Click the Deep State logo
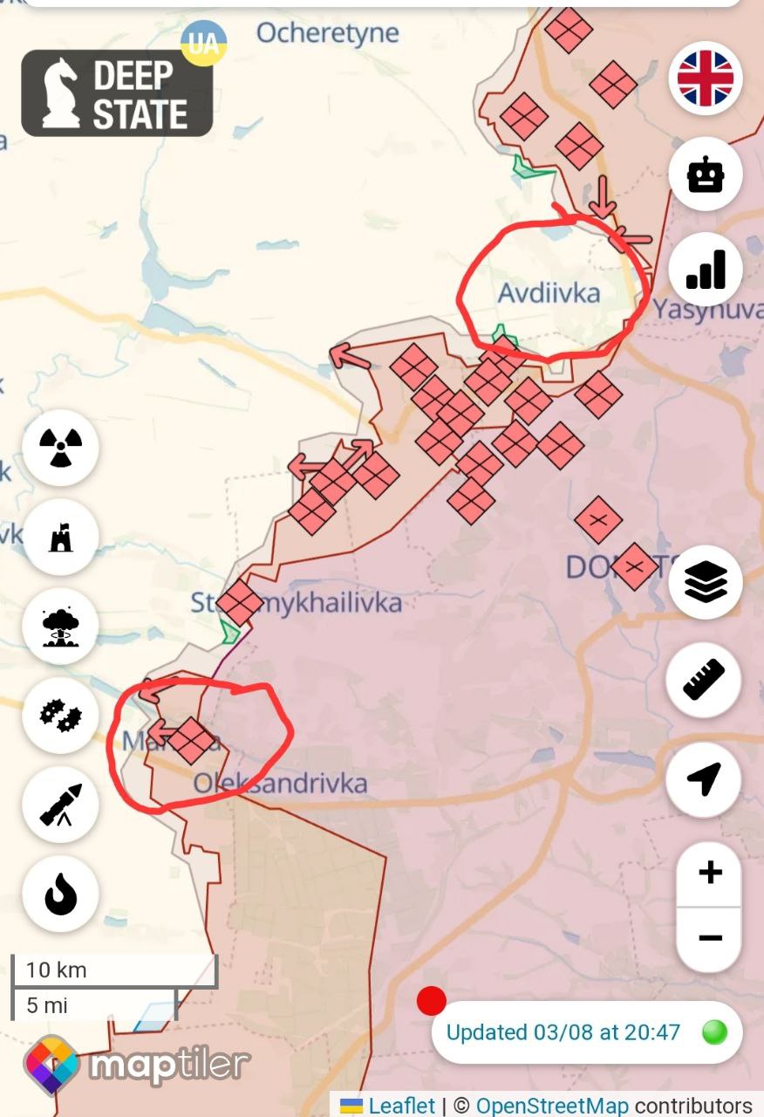(117, 93)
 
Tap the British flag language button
(706, 79)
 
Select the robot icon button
(706, 175)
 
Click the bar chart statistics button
(706, 270)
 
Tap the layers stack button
(706, 582)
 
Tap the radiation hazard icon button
(61, 448)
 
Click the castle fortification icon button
(61, 537)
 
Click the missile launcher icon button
(61, 805)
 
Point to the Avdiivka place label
(549, 293)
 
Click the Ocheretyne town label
(328, 33)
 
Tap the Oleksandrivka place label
(280, 783)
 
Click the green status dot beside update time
(714, 1032)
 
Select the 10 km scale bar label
(56, 970)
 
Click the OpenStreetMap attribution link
(551, 1106)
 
